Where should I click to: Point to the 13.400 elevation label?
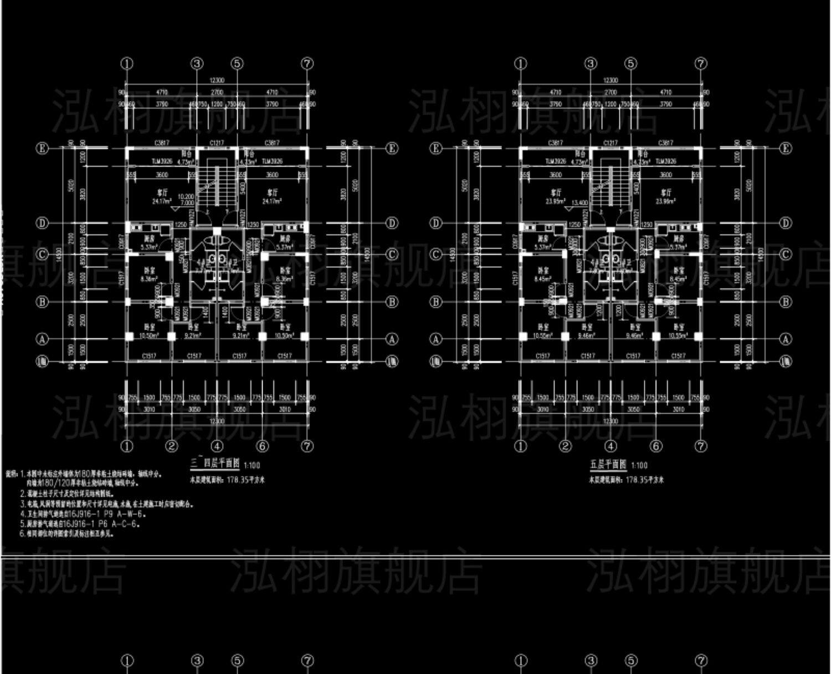(x=579, y=203)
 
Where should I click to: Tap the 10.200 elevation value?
(x=186, y=197)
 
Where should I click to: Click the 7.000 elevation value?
(x=186, y=203)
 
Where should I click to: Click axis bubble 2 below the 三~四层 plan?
(x=172, y=446)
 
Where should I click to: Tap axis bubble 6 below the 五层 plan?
(x=656, y=446)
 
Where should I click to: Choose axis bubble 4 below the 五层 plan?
(x=611, y=446)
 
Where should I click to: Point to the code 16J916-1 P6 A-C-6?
(x=110, y=523)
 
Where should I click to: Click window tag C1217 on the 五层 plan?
(x=611, y=143)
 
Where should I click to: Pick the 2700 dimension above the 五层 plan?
(x=611, y=92)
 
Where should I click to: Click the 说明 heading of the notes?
(x=11, y=474)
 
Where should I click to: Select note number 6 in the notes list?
(x=22, y=534)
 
